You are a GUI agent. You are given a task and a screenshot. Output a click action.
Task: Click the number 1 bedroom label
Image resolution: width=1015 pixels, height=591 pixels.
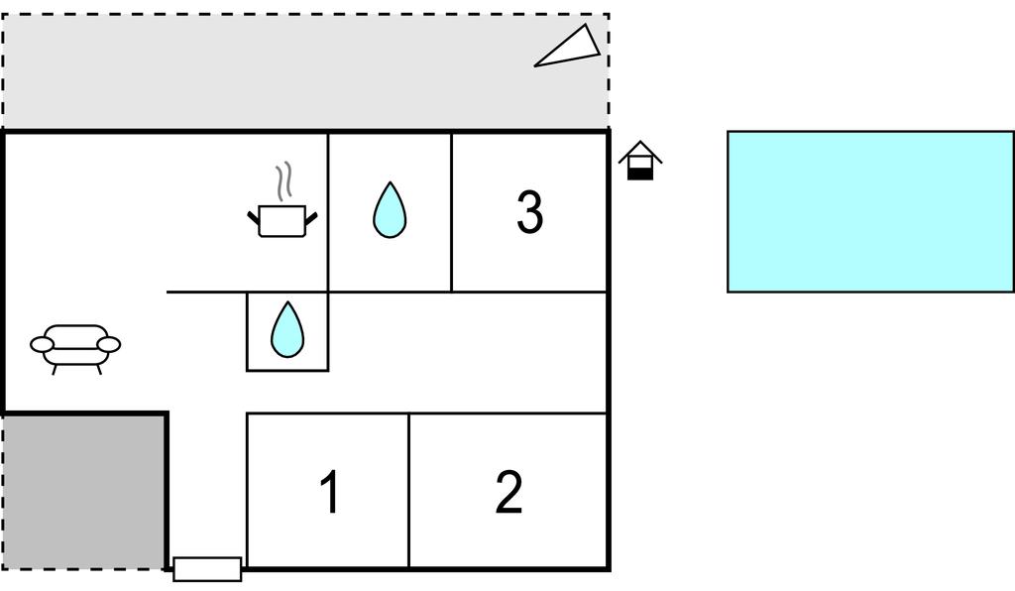click(330, 492)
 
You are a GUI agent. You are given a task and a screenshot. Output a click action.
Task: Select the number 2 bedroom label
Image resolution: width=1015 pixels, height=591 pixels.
click(508, 492)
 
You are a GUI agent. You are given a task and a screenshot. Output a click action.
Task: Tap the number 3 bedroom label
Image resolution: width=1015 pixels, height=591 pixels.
click(530, 212)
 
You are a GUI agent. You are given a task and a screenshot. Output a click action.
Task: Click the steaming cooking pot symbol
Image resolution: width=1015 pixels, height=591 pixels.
click(282, 219)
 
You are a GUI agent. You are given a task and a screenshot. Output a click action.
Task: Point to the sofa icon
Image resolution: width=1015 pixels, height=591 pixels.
click(75, 347)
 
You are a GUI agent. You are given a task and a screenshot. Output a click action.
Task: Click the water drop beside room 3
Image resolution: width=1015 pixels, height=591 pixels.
click(389, 211)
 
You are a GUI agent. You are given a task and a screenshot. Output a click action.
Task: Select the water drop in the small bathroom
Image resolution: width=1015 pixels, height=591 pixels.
click(286, 330)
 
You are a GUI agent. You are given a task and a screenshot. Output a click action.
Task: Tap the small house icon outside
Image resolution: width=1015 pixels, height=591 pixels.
click(640, 161)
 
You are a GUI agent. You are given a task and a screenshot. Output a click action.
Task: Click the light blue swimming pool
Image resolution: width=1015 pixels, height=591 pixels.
click(869, 211)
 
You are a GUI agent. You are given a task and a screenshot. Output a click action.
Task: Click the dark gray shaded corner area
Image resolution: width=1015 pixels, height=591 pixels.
click(83, 491)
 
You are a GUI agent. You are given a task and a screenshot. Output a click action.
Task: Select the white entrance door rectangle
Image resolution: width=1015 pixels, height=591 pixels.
click(207, 569)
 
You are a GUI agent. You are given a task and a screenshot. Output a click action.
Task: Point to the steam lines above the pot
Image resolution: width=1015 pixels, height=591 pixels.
click(284, 180)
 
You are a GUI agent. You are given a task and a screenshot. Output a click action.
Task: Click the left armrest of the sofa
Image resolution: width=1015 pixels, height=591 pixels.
click(43, 344)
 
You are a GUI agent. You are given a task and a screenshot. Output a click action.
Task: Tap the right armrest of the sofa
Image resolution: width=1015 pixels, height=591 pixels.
click(109, 344)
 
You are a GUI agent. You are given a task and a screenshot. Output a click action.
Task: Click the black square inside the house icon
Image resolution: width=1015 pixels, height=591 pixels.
click(641, 173)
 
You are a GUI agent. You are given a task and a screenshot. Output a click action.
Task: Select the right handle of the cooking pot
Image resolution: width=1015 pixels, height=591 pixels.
click(311, 217)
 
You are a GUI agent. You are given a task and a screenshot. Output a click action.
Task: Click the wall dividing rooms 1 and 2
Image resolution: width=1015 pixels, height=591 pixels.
click(408, 491)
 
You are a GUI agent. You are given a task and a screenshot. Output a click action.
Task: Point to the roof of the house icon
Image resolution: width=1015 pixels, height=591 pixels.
click(640, 151)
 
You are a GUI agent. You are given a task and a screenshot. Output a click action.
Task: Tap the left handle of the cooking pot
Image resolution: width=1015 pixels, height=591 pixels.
click(253, 217)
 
